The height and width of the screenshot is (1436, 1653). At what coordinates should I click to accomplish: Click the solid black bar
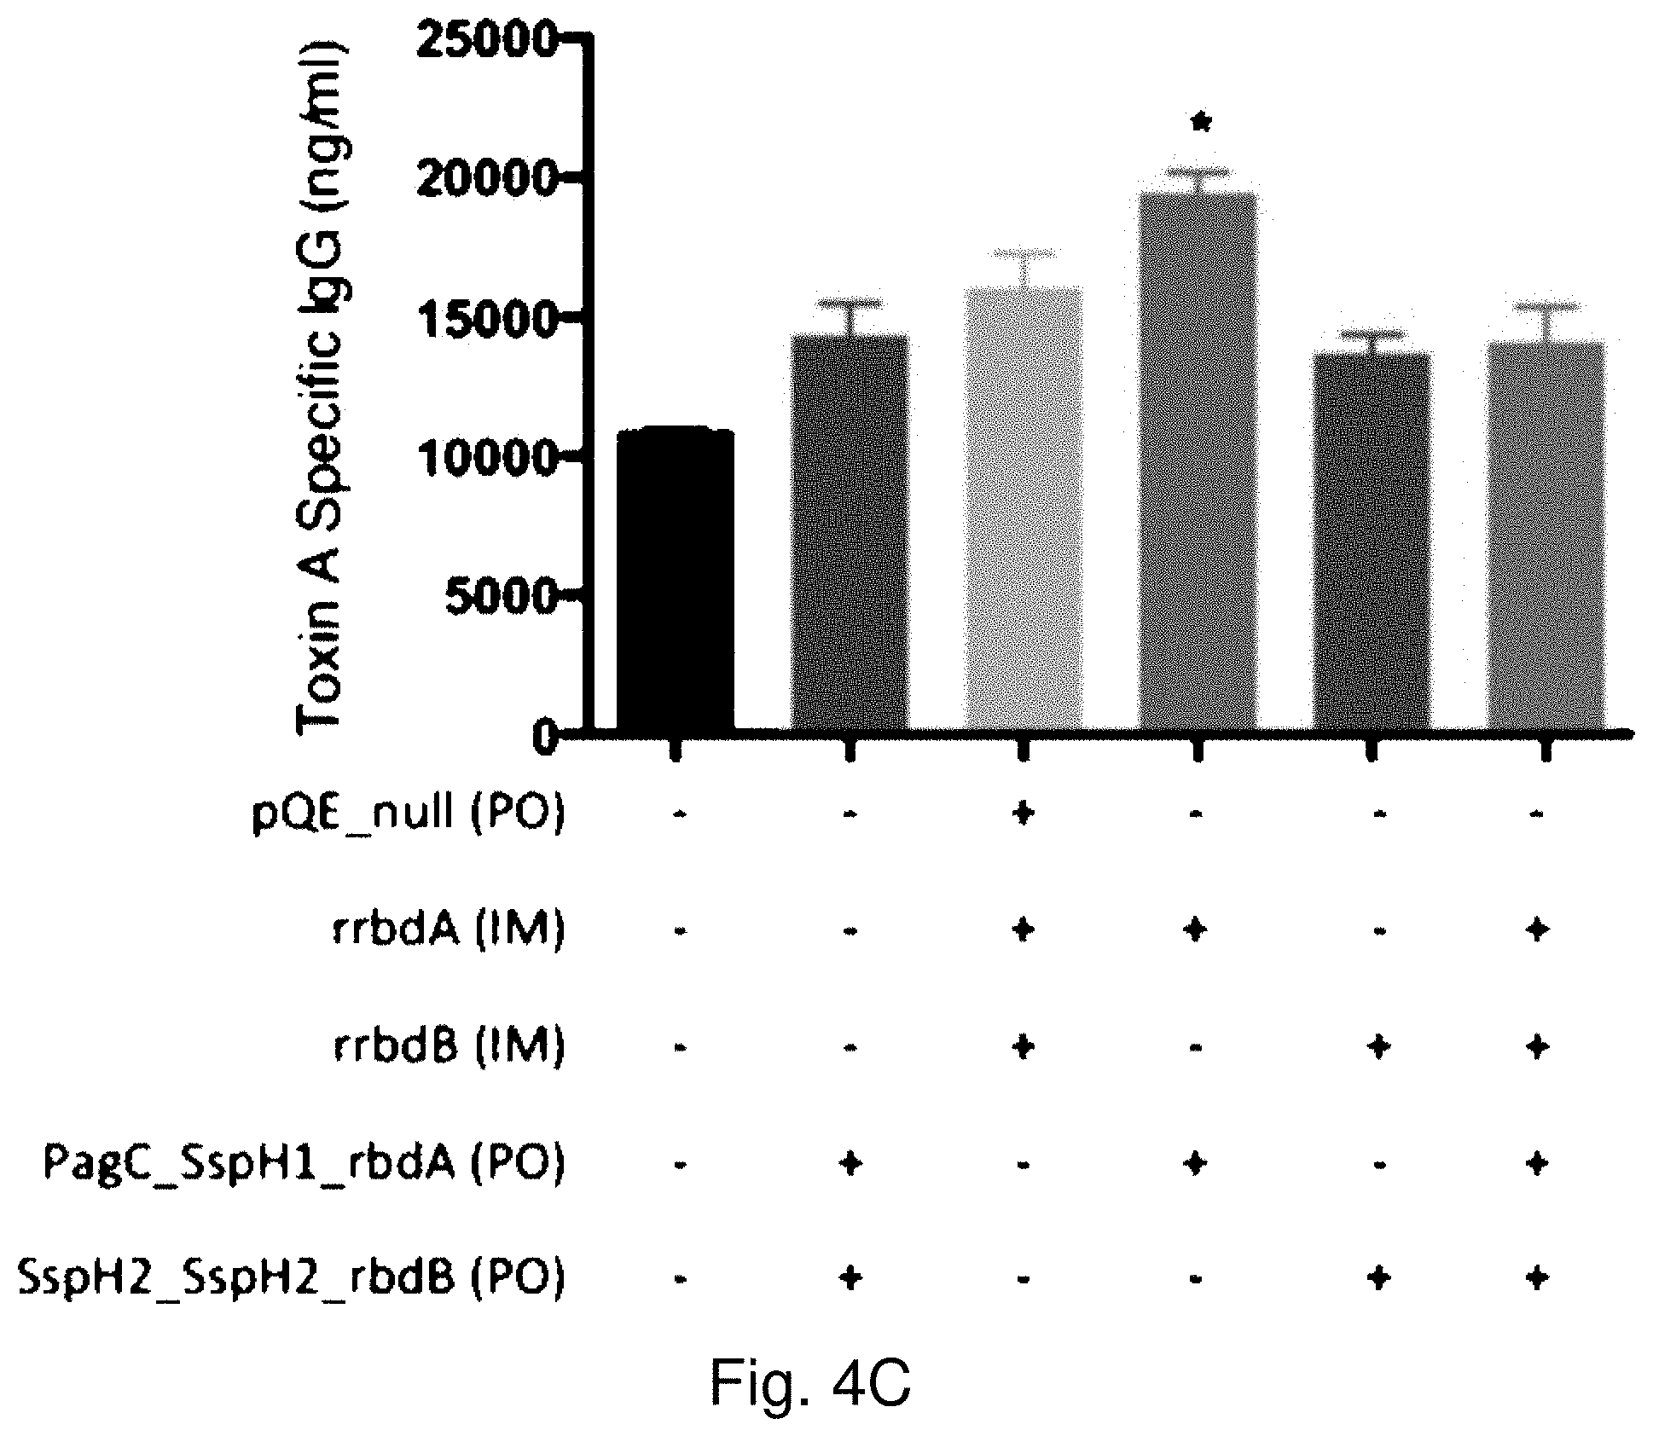point(676,580)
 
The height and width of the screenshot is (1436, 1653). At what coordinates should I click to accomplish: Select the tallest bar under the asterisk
point(1198,460)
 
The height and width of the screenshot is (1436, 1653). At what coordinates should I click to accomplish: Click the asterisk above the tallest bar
point(1201,124)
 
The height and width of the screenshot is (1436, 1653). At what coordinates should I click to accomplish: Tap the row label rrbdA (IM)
point(448,930)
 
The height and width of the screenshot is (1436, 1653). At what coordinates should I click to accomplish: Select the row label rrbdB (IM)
point(448,1046)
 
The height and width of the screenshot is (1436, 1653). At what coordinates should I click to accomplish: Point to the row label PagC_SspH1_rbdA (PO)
point(304,1163)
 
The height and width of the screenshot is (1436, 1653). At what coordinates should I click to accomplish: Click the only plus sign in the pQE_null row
point(1023,813)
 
